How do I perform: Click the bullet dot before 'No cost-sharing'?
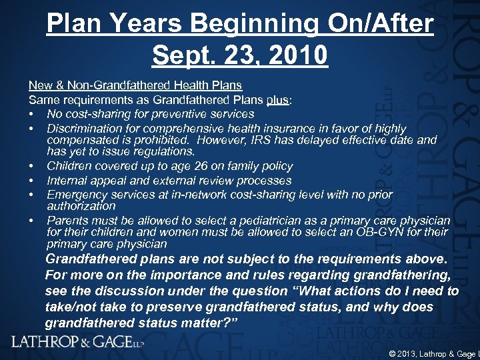tap(32, 114)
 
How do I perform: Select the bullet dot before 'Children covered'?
tap(32, 166)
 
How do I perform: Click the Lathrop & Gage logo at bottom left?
tap(77, 341)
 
